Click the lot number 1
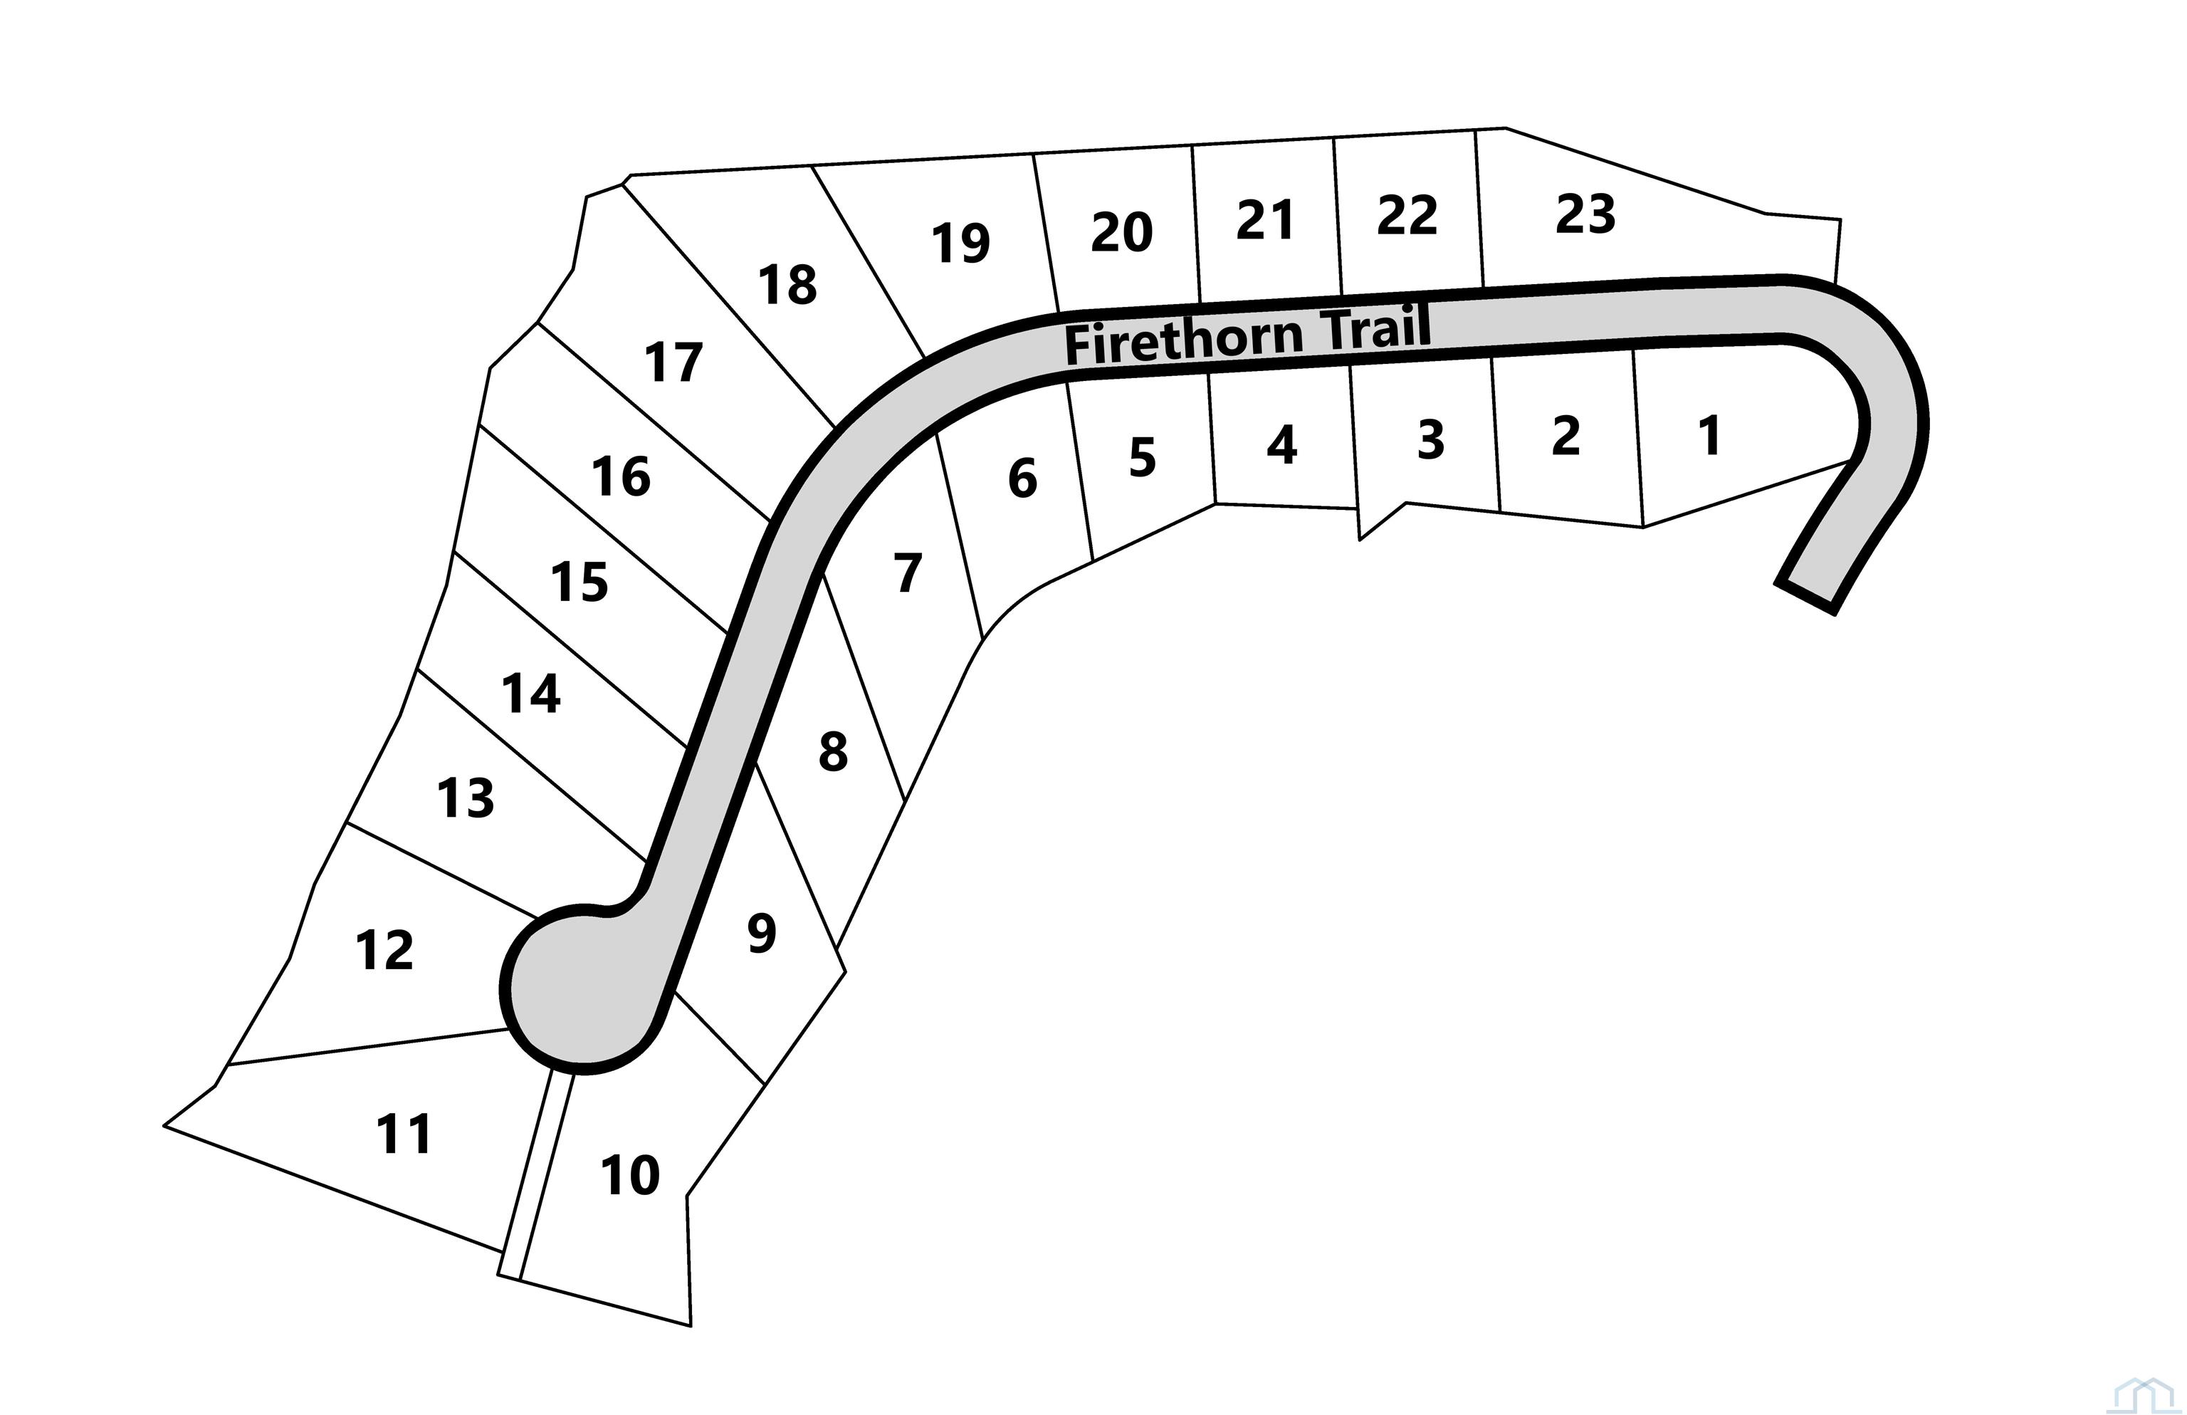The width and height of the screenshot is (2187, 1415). pyautogui.click(x=1709, y=436)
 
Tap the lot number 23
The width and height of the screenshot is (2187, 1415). pyautogui.click(x=1585, y=215)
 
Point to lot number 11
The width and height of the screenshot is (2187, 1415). pyautogui.click(x=404, y=1134)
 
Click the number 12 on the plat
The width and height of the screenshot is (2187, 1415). pyautogui.click(x=385, y=950)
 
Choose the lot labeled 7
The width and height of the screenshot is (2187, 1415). pyautogui.click(x=908, y=573)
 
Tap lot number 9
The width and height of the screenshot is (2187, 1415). pyautogui.click(x=762, y=934)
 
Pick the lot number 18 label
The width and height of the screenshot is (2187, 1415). pyautogui.click(x=787, y=285)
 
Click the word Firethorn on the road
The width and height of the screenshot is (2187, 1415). pyautogui.click(x=1184, y=340)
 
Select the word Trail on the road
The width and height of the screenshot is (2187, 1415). pyautogui.click(x=1375, y=329)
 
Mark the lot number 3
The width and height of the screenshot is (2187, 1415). pyautogui.click(x=1431, y=440)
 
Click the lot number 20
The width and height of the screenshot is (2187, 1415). pyautogui.click(x=1121, y=232)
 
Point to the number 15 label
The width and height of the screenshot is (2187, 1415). pyautogui.click(x=579, y=583)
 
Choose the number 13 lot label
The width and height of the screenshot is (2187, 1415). pyautogui.click(x=466, y=798)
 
